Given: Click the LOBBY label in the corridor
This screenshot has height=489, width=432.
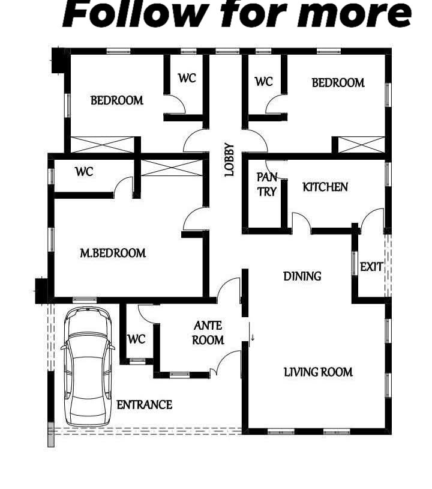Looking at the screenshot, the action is pos(229,160).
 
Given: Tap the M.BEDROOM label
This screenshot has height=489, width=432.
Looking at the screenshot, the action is pos(113,253).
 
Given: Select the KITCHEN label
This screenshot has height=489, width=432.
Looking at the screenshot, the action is pos(325,187).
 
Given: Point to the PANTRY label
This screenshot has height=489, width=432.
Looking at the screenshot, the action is pos(267,184).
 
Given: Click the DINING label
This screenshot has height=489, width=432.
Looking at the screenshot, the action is pos(302,276).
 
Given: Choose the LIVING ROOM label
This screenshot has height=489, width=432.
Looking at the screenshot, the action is pos(318,372).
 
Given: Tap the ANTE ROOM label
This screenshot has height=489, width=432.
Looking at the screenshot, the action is pos(208,333).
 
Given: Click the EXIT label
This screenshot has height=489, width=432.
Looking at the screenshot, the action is pos(371,267).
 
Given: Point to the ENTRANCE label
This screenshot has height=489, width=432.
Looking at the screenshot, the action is pos(144,405).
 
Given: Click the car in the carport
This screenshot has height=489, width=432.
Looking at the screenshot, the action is pos(88,366).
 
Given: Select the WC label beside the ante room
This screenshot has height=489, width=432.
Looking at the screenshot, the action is pos(136,339).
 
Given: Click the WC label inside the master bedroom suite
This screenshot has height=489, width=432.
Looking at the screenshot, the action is pos(84,172).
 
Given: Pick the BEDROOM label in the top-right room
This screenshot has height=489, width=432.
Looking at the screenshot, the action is pos(338,83).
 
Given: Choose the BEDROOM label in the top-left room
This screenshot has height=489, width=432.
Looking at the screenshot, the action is pos(117,100).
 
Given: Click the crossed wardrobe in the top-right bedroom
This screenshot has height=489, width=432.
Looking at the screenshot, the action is pos(361,145).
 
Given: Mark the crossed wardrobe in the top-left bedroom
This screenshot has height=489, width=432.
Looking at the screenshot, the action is pos(103,145).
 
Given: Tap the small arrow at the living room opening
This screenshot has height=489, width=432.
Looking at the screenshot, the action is pos(253,338).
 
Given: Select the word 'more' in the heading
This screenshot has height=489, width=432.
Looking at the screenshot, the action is pos(355,15).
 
